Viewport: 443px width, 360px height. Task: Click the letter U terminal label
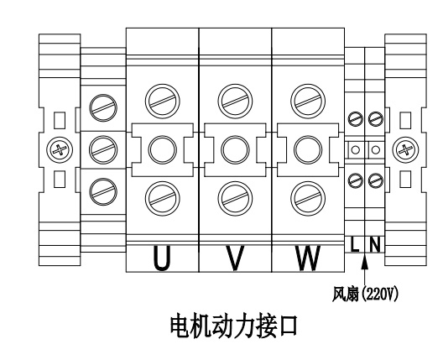162,258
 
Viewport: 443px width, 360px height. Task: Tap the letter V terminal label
235,258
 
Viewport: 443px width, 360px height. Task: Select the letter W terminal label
308,258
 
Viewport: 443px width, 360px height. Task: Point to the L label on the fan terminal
355,244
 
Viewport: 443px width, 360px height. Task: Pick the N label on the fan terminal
375,244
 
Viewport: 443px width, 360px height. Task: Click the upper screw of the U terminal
163,102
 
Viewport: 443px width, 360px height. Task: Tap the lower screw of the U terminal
163,199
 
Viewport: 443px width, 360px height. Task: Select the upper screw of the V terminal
235,102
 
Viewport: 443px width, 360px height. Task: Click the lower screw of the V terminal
235,199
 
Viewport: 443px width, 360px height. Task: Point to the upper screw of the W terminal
308,102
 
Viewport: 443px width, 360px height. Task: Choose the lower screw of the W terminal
308,199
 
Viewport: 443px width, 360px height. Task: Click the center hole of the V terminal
235,149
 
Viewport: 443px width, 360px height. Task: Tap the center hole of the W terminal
308,149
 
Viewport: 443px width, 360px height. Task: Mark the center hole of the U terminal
163,149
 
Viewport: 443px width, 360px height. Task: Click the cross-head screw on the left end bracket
60,149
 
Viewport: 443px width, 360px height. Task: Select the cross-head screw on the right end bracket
405,149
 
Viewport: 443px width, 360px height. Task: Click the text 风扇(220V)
365,295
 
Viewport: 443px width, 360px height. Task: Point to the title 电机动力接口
233,326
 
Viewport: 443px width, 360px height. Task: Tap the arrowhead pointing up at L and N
365,261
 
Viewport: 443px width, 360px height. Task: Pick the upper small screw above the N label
376,119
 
